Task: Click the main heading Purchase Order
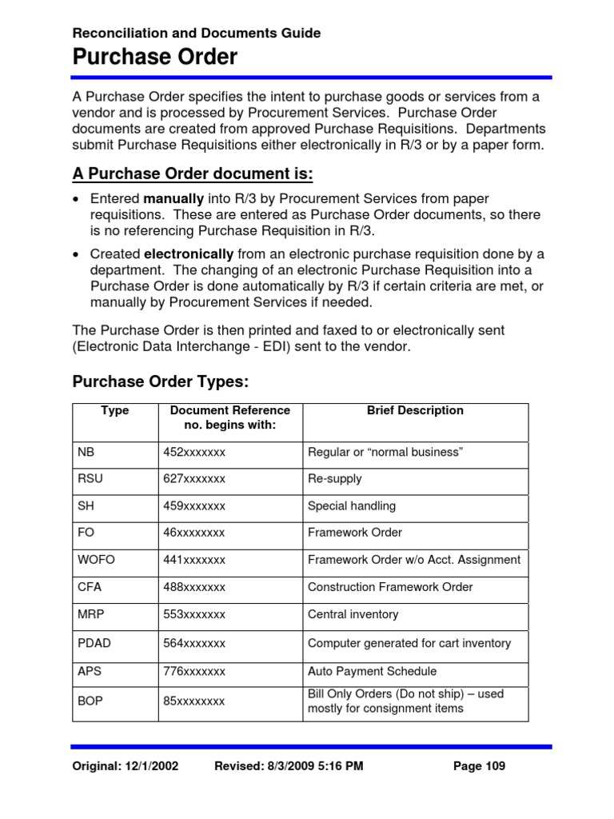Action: tap(155, 58)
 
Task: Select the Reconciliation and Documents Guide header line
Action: tap(197, 33)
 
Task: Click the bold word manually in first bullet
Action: tap(170, 198)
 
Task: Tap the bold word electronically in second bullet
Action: tap(188, 254)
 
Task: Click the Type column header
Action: tap(115, 410)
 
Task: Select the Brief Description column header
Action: tap(415, 410)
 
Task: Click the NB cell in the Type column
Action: tap(86, 453)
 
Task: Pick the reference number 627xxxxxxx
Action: tap(194, 479)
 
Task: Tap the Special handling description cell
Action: tap(352, 506)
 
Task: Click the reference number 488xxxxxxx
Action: tap(194, 587)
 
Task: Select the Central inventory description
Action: tap(353, 614)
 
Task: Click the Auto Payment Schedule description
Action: tap(372, 672)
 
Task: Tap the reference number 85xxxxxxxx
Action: tap(194, 701)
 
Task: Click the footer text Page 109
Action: tap(479, 766)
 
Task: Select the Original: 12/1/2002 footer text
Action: tap(126, 766)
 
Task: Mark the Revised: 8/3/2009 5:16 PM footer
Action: tap(289, 766)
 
